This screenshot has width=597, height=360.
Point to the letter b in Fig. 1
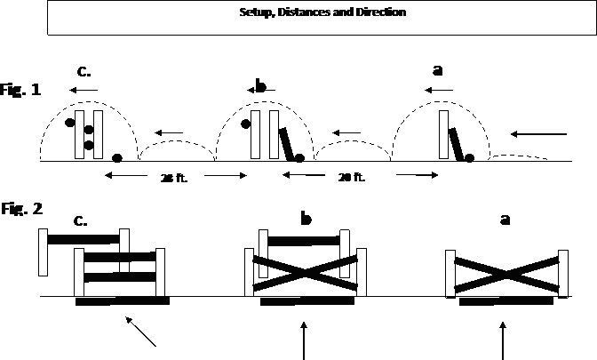pos(260,86)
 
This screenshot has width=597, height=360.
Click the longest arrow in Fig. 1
pos(540,134)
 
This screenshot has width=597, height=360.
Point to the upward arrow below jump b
pos(305,340)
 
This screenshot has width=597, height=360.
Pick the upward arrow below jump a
pos(505,340)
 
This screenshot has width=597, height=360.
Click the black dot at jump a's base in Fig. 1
pos(469,157)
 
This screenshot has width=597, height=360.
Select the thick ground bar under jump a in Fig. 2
pos(505,301)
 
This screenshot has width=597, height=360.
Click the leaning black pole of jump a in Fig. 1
pos(456,144)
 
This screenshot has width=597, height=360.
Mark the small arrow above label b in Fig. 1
pos(260,90)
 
